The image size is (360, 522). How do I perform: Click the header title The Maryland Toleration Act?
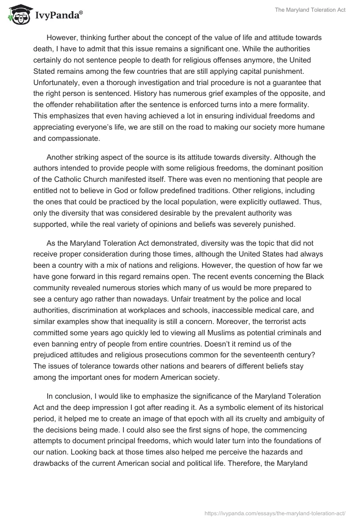point(310,10)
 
